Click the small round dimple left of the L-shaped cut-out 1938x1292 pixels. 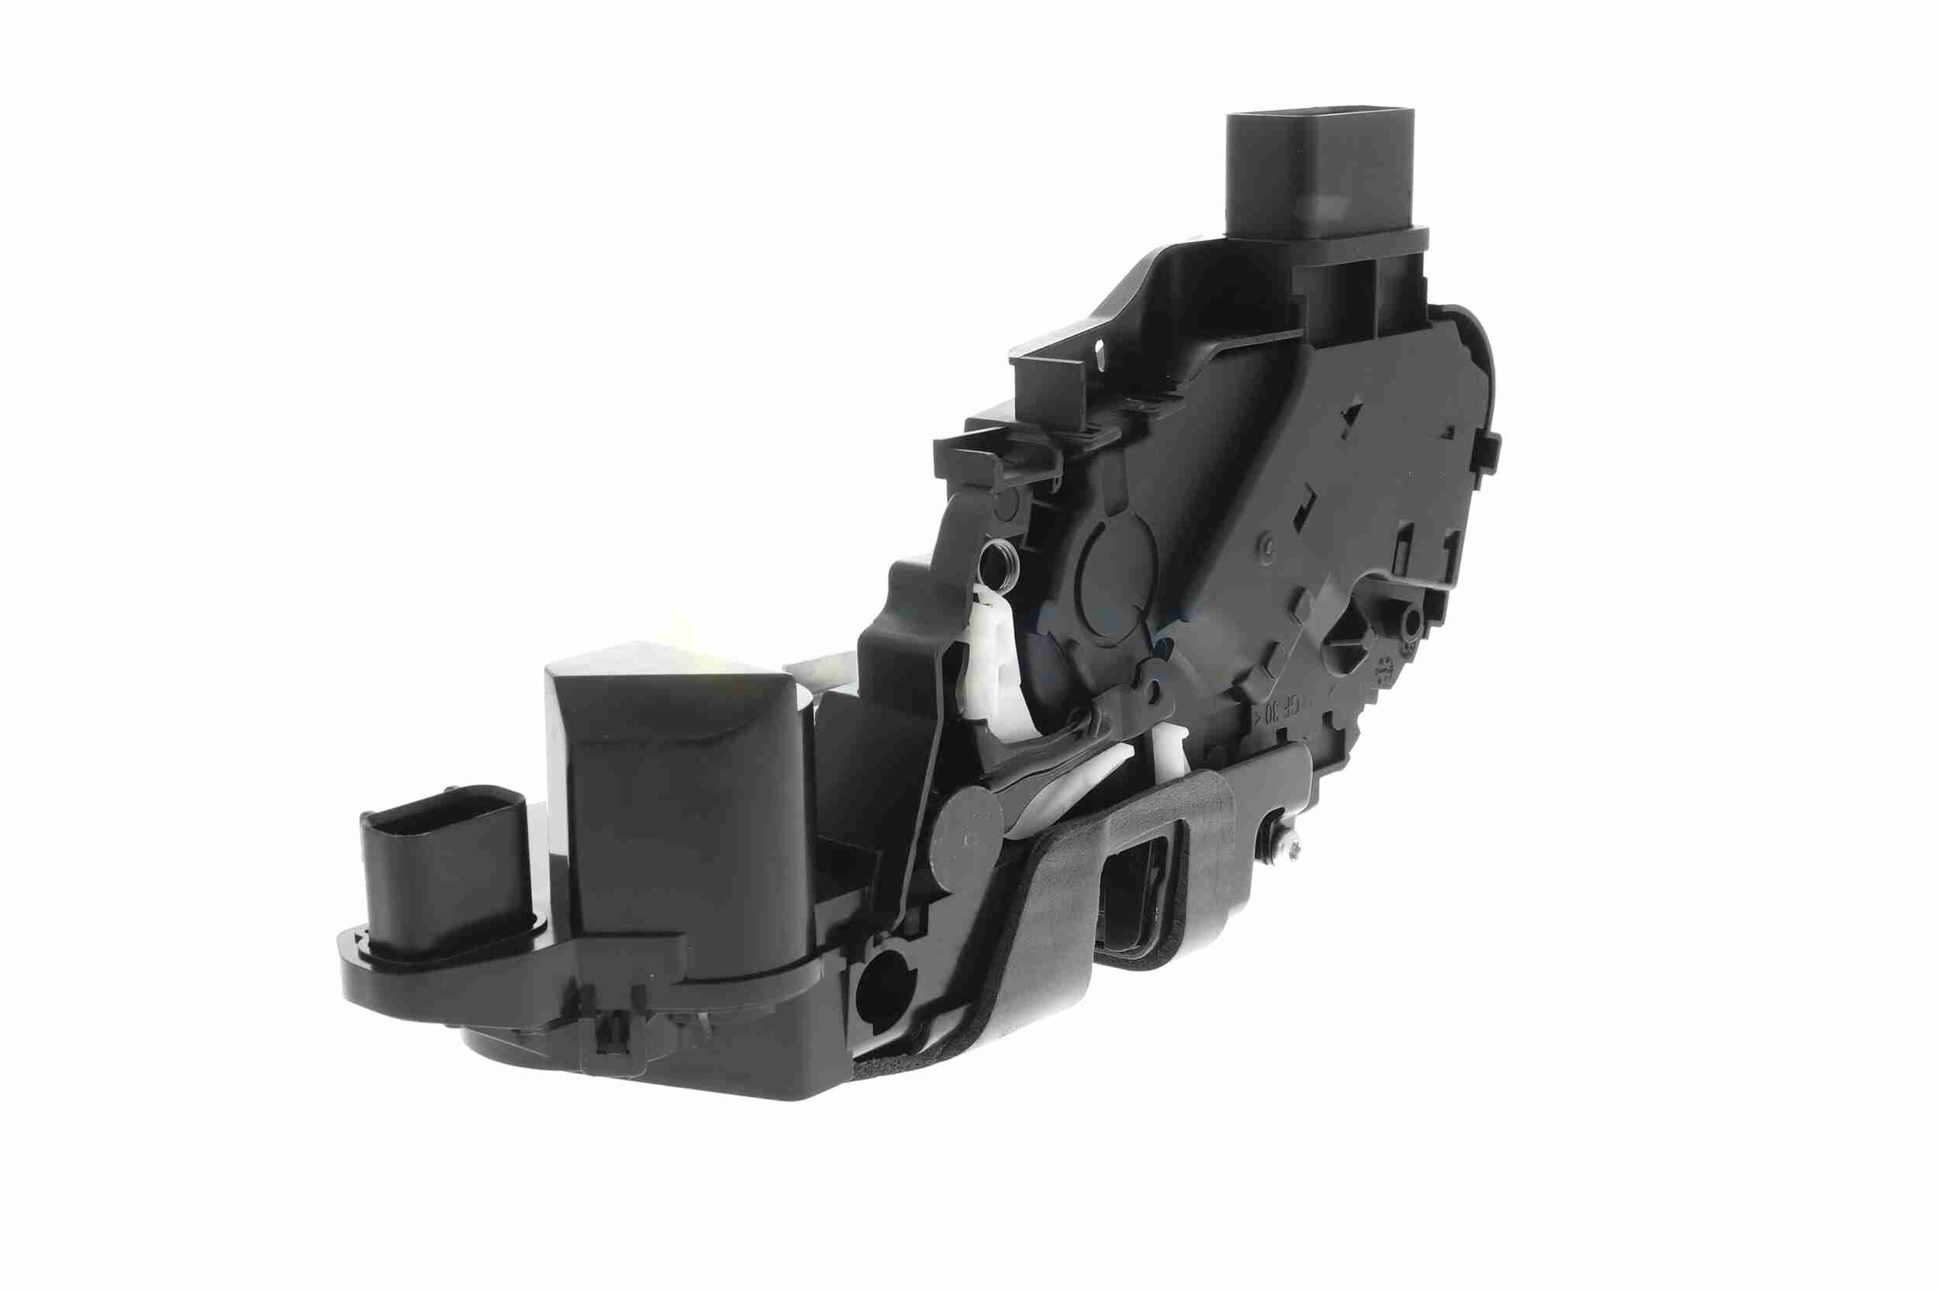(1270, 544)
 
